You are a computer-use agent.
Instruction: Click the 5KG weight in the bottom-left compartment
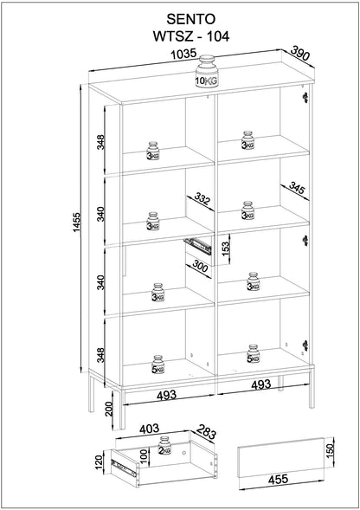[157, 363]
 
